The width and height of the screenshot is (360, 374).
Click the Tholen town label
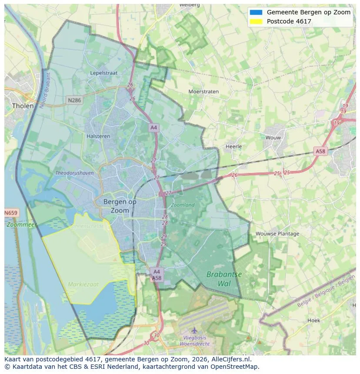[23, 106]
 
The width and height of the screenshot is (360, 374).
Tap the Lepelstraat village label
[104, 73]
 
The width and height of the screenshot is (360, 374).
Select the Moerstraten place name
[203, 92]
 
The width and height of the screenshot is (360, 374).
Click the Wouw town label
[273, 138]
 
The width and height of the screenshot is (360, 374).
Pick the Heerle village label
[233, 147]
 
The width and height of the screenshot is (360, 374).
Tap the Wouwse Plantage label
[277, 234]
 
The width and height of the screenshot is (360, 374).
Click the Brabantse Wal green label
[224, 279]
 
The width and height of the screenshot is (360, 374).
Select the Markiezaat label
[83, 285]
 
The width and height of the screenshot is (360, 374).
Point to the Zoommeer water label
[22, 225]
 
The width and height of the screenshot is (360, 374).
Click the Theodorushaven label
[74, 173]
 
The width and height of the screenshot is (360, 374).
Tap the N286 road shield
[74, 100]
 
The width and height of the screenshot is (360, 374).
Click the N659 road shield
[11, 213]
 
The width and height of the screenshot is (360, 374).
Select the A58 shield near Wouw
[320, 151]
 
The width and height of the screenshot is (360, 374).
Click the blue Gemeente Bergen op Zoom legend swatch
[256, 13]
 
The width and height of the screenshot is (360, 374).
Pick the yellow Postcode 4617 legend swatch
[256, 21]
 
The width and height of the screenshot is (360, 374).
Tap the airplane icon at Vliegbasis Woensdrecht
[194, 331]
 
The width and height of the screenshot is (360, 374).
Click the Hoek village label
[313, 321]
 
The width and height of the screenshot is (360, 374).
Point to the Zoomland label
[183, 205]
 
